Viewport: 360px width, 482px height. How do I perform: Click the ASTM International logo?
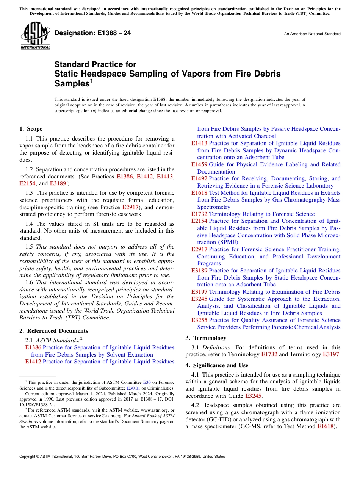35,36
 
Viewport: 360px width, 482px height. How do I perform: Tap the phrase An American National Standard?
312,34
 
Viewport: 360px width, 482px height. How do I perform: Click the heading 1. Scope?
31,129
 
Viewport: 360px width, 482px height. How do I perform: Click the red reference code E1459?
199,164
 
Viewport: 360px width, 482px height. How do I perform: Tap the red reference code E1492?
199,178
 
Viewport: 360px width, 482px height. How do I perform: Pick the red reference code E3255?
199,320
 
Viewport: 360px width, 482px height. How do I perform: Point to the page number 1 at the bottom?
180,465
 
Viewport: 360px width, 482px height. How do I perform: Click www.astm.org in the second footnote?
152,410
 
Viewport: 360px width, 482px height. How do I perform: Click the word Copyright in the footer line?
28,457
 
